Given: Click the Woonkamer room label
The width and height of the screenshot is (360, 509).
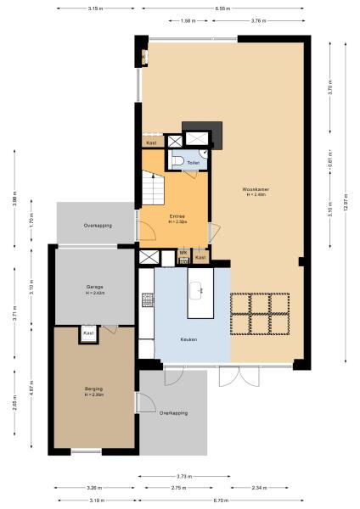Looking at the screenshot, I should pos(256,188).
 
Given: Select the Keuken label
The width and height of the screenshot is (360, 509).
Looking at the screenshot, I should pos(188,339).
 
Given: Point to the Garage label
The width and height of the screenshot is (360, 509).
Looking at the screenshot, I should pos(95,287).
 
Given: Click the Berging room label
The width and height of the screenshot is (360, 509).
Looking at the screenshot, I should pos(93,389).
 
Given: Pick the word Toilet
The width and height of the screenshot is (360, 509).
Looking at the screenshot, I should pos(193,162).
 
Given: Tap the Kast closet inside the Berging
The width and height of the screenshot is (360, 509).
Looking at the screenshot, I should pos(88,334).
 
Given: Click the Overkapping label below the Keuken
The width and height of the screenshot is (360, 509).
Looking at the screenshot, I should pos(174,413).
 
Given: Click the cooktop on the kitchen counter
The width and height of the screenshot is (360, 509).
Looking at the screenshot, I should pos(147,300).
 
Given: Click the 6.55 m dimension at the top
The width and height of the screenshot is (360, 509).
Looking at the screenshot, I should pos(222,8).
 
